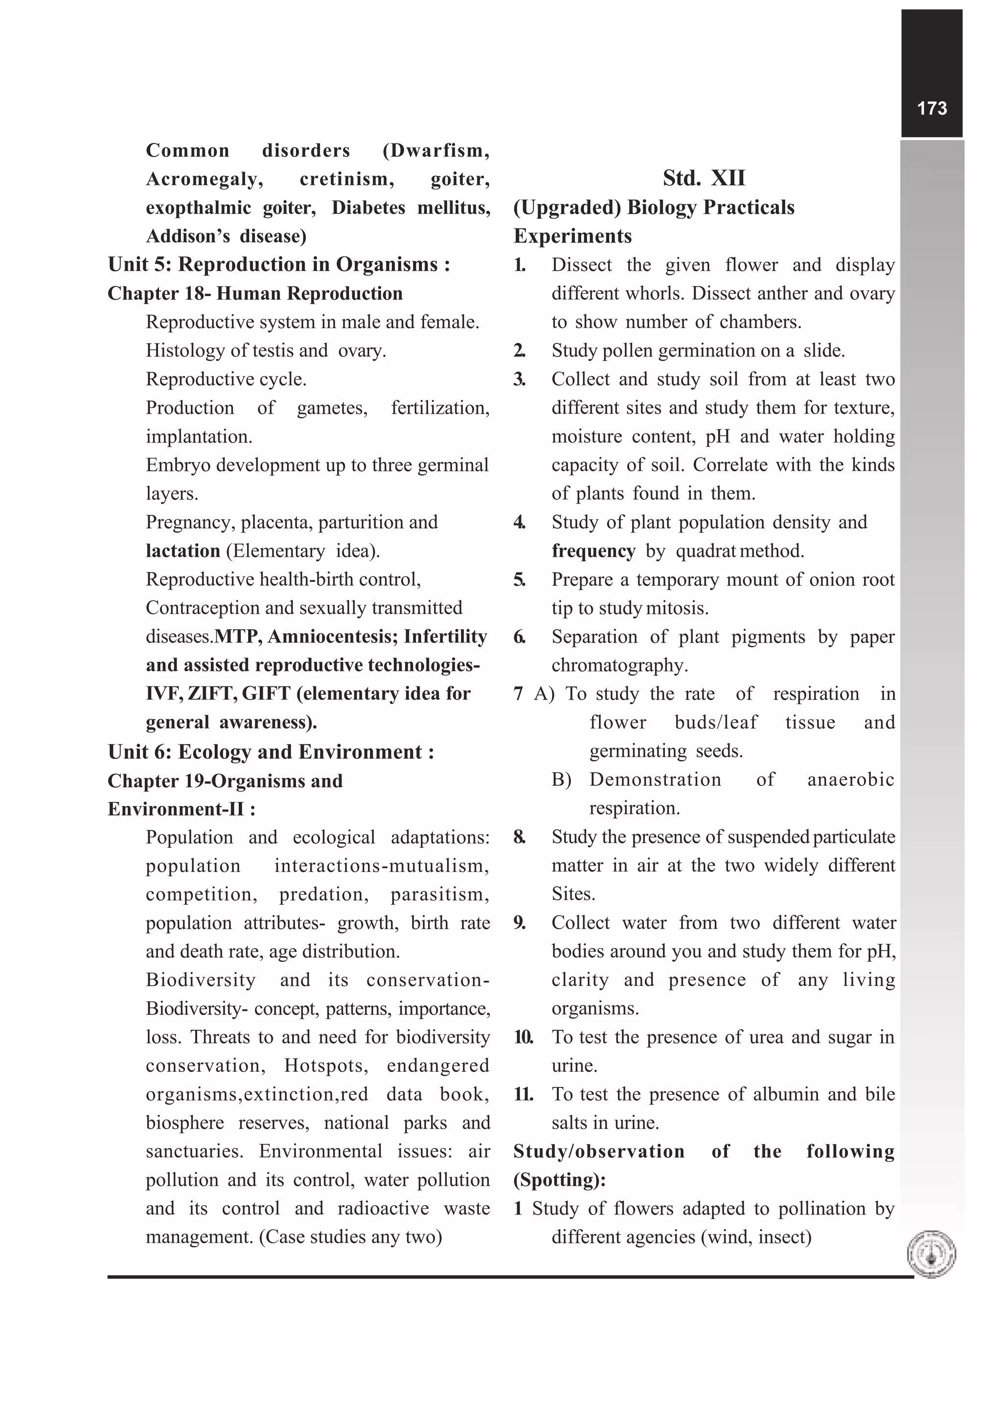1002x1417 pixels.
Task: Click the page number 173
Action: (931, 109)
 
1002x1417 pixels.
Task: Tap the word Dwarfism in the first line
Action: (436, 151)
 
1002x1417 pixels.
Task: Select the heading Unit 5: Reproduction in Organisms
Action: (278, 265)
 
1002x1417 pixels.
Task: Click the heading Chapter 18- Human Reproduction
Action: (254, 294)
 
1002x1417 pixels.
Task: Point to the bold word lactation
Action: (183, 551)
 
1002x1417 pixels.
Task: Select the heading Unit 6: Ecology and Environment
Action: (271, 752)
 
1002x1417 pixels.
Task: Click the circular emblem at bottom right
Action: (931, 1254)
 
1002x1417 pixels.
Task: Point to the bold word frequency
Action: (593, 551)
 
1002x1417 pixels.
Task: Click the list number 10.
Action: (524, 1037)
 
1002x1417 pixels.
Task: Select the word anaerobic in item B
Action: (850, 779)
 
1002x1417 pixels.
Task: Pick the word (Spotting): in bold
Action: (559, 1180)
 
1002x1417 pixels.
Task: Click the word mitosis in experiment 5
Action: (677, 608)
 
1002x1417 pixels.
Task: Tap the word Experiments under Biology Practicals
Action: (572, 236)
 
